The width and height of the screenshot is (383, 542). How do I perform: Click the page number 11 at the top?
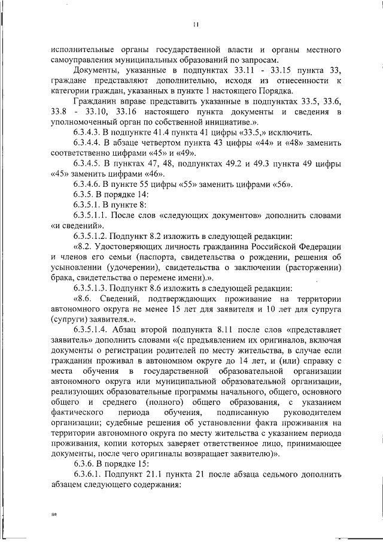(195, 25)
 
